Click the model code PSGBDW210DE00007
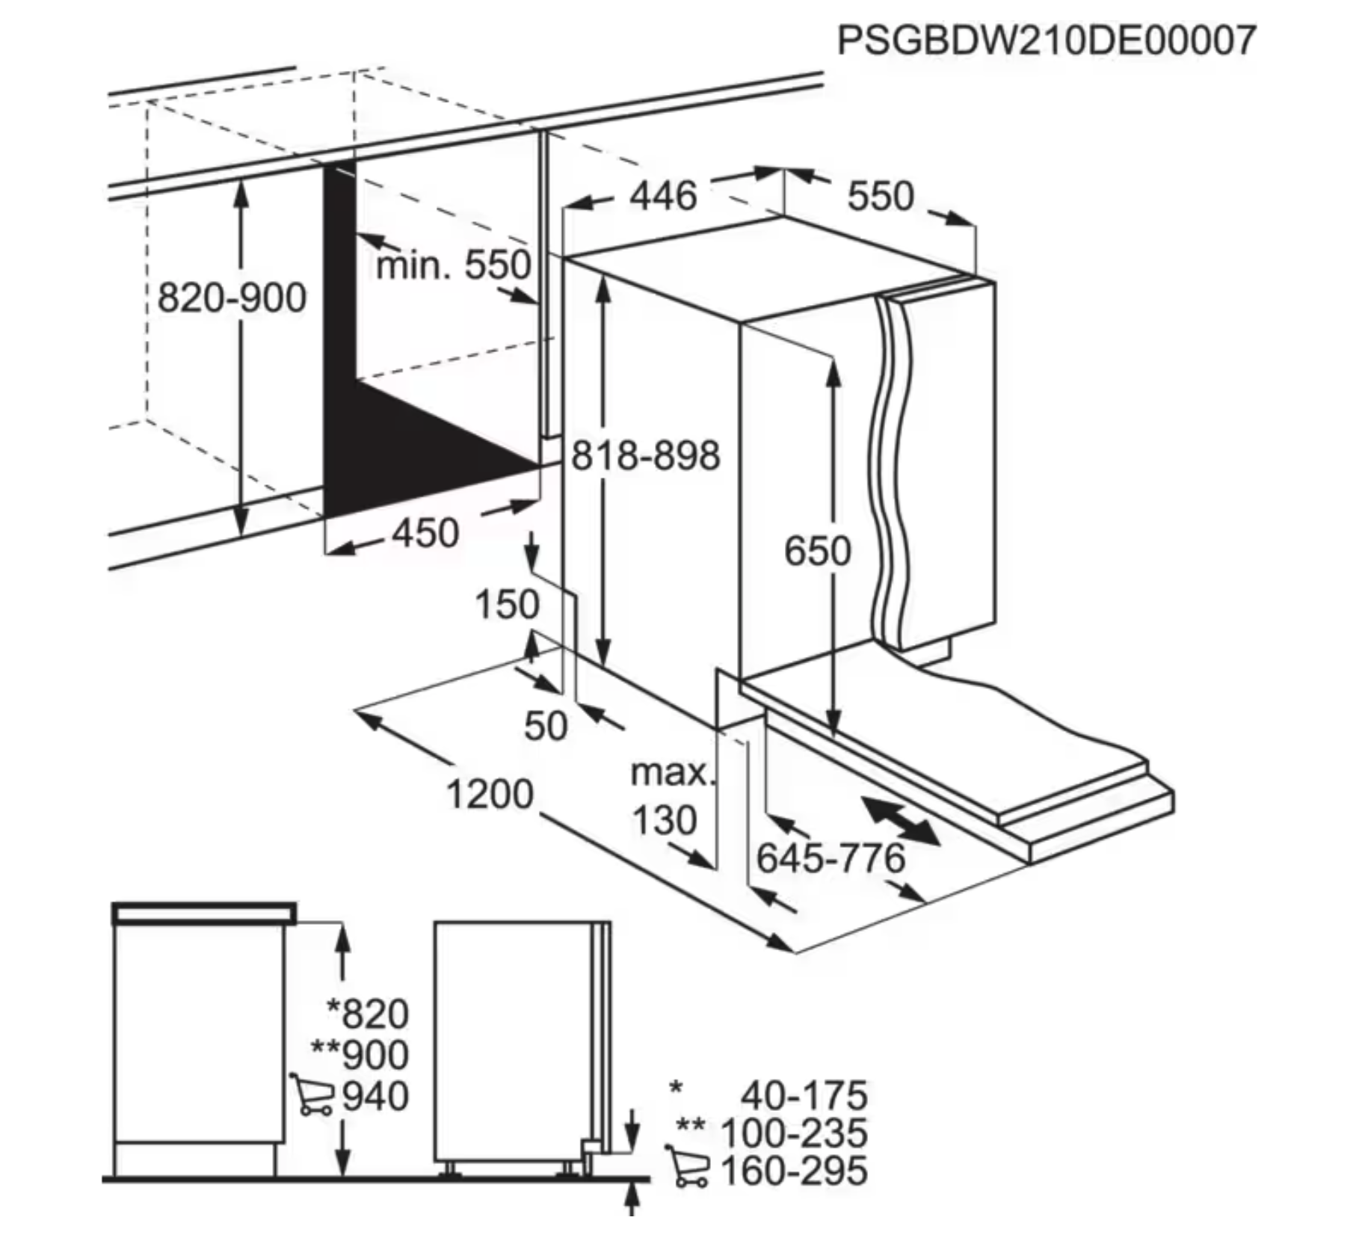pyautogui.click(x=1046, y=40)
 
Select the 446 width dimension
pyautogui.click(x=662, y=197)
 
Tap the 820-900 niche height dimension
pyautogui.click(x=232, y=298)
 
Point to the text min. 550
pyautogui.click(x=453, y=265)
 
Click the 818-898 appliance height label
pyautogui.click(x=645, y=455)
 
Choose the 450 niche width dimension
pyautogui.click(x=425, y=534)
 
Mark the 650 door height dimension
pyautogui.click(x=817, y=552)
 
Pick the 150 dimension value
pyautogui.click(x=507, y=604)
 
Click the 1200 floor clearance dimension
pyautogui.click(x=490, y=794)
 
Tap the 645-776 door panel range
pyautogui.click(x=831, y=858)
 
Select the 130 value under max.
pyautogui.click(x=665, y=820)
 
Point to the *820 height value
pyautogui.click(x=369, y=1014)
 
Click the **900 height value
pyautogui.click(x=360, y=1056)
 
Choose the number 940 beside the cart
pyautogui.click(x=375, y=1097)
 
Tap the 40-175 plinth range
pyautogui.click(x=804, y=1096)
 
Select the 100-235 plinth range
pyautogui.click(x=793, y=1133)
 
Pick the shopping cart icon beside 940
pyautogui.click(x=312, y=1094)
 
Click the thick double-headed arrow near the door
pyautogui.click(x=900, y=821)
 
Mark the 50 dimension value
pyautogui.click(x=546, y=726)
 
